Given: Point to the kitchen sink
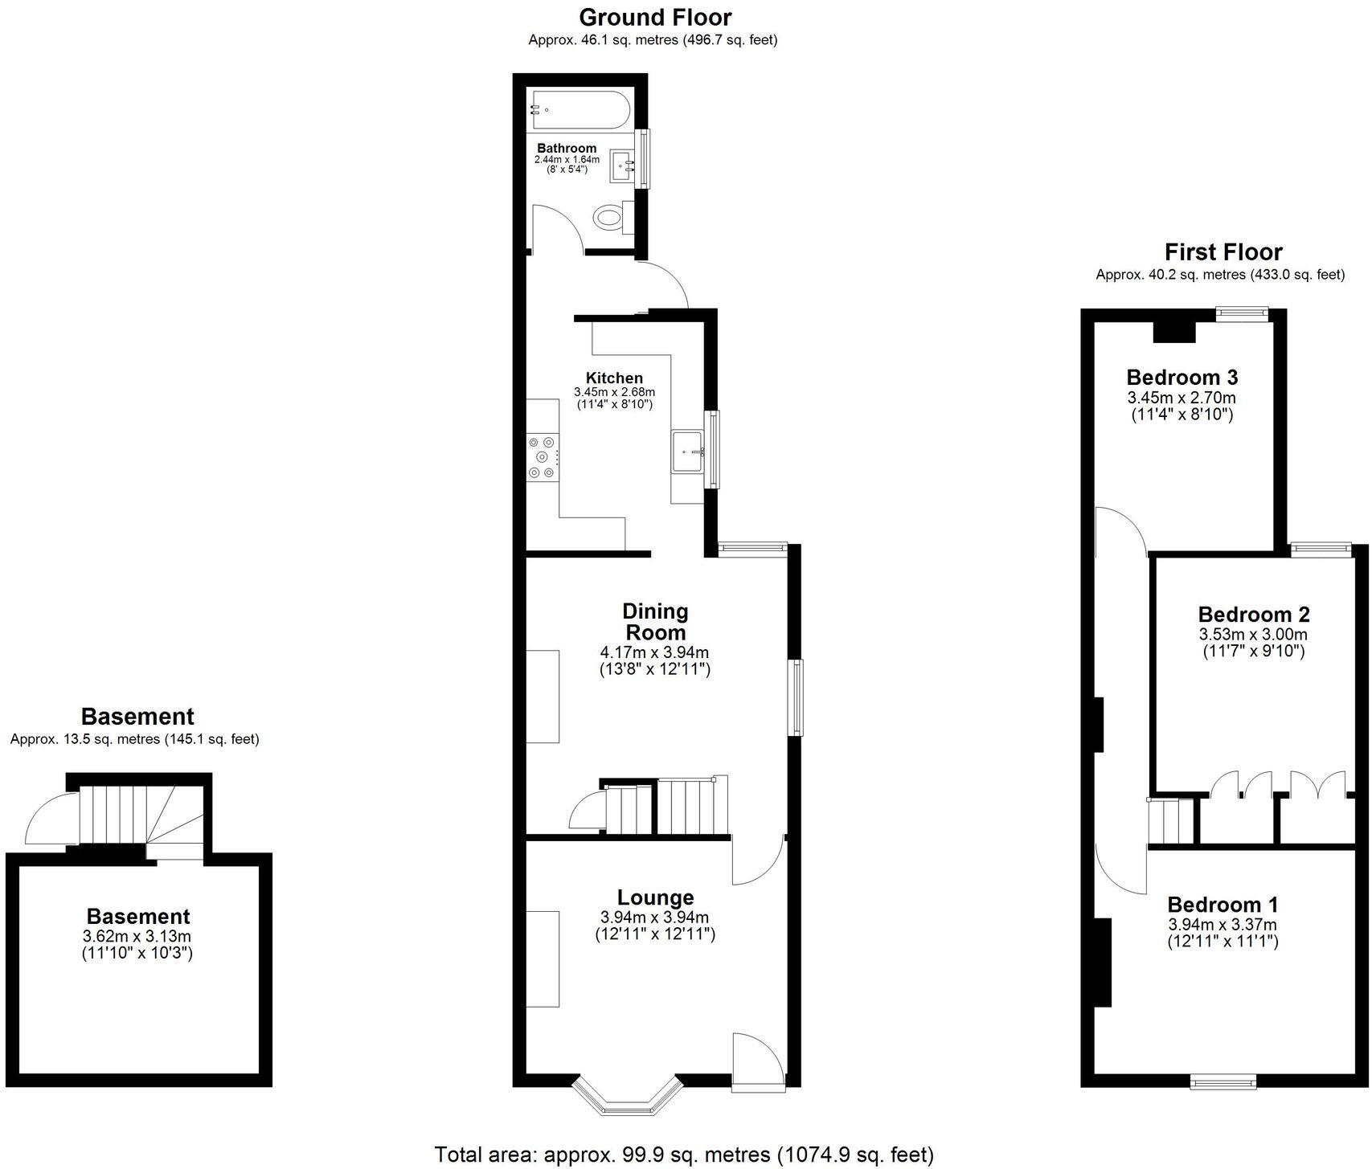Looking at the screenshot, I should pos(688,453).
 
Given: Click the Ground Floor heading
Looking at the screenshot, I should pos(655,17).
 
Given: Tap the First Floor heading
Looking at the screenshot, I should pos(1223,252).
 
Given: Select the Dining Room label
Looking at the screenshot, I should pos(655,621).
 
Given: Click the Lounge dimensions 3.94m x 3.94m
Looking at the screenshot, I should pos(654,918).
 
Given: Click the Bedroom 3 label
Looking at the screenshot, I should pos(1182,377).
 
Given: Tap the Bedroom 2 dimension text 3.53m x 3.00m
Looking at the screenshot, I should pos(1253,635).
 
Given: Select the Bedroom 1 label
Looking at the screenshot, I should pos(1223,905).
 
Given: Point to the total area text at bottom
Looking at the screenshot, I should pos(684,1155).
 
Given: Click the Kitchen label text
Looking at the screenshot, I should pos(614,378).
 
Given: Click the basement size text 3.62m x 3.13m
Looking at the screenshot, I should pos(137,936).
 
